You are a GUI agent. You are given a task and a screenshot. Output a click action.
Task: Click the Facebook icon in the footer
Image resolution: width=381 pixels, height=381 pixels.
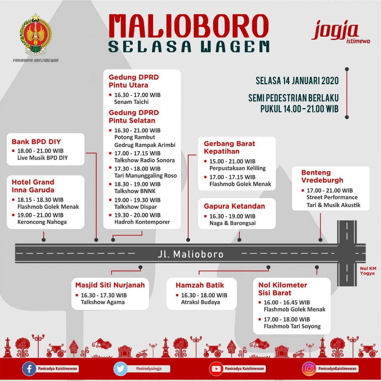[x=29, y=368]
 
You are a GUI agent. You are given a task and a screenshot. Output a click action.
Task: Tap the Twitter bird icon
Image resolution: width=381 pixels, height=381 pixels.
[x=120, y=368]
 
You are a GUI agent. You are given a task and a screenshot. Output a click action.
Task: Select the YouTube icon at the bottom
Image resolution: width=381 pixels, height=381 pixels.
[x=216, y=368]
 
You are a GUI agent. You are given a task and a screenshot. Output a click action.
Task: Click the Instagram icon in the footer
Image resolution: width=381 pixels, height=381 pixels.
[x=309, y=368]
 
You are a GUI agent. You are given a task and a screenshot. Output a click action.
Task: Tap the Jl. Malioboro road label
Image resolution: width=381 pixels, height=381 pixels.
[x=191, y=254]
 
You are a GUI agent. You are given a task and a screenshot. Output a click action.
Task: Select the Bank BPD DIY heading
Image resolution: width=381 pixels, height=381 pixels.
[x=36, y=142]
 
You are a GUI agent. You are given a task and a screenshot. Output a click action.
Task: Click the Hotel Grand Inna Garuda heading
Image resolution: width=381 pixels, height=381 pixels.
[x=33, y=186]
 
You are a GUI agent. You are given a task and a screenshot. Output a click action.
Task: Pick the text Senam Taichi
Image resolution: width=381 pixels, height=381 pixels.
[x=131, y=102]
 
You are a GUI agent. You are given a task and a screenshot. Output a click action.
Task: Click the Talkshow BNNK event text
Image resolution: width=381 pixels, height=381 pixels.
[x=135, y=191]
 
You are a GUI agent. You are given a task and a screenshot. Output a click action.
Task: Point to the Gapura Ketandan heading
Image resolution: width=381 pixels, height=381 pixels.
[x=234, y=206]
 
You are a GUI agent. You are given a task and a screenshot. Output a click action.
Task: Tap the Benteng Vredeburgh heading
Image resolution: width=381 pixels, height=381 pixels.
[x=322, y=176]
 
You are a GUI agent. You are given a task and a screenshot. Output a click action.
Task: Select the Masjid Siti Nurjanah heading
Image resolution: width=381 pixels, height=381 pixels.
[x=110, y=285]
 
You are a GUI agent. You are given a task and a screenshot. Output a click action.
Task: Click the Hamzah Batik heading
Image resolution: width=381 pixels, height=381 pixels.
[x=200, y=285]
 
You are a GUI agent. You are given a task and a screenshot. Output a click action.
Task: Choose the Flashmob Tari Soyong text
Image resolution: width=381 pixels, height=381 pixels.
[x=292, y=326]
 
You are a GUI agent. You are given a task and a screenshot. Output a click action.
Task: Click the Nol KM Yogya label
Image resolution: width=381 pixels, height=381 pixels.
[x=368, y=271]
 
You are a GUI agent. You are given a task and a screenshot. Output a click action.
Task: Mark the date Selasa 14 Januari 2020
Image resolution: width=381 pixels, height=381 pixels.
[x=297, y=81]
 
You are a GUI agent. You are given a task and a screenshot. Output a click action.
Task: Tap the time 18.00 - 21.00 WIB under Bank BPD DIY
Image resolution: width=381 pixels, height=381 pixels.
[x=40, y=151]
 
